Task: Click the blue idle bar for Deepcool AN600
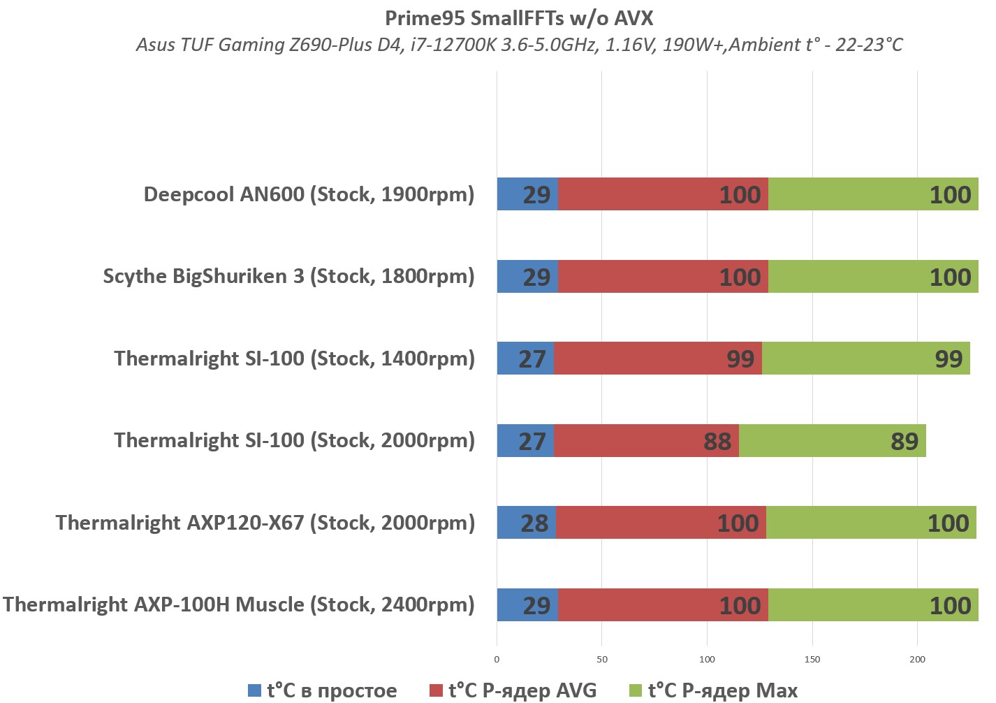(527, 194)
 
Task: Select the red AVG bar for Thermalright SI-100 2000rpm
(646, 441)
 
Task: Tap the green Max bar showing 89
(832, 441)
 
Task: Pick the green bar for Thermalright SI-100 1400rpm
(865, 358)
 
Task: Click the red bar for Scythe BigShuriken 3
(663, 277)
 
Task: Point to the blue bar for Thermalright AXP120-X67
(526, 523)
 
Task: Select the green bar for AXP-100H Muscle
(873, 605)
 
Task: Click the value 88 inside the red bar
(717, 442)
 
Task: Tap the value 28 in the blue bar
(534, 523)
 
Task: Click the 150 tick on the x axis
(812, 659)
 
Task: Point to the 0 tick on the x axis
(497, 659)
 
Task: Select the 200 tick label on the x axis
(917, 659)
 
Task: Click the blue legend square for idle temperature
(255, 690)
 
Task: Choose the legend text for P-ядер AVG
(522, 690)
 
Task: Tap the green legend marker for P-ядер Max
(636, 690)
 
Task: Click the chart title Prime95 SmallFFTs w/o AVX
(519, 17)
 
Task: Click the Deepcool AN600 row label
(309, 194)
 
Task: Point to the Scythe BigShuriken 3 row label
(288, 277)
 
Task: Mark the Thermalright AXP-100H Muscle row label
(238, 605)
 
